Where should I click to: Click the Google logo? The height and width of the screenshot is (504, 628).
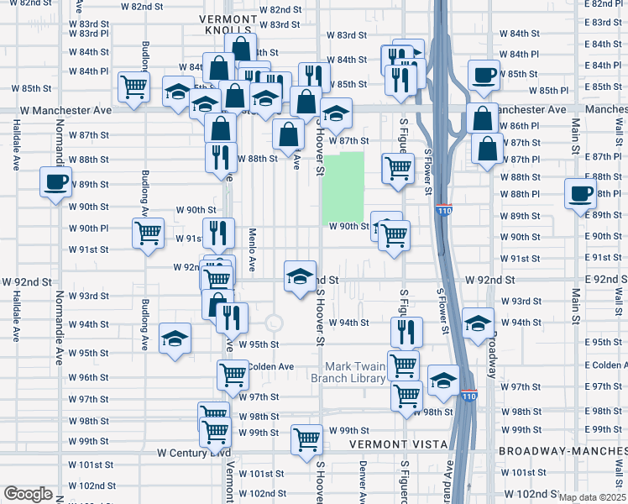point(28,494)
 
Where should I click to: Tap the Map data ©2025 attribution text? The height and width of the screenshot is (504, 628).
point(591,497)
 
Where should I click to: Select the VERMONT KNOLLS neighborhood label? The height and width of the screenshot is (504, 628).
point(229,24)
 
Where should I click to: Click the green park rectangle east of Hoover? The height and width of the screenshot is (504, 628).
point(343,187)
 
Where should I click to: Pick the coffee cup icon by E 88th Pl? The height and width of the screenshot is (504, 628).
point(581,194)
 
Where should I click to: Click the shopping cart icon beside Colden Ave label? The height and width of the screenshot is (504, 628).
point(233,375)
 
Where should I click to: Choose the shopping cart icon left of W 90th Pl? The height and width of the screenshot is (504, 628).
point(149,233)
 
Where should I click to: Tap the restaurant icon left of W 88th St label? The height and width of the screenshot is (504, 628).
point(221,156)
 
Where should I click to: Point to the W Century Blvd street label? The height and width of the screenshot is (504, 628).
point(194,452)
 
